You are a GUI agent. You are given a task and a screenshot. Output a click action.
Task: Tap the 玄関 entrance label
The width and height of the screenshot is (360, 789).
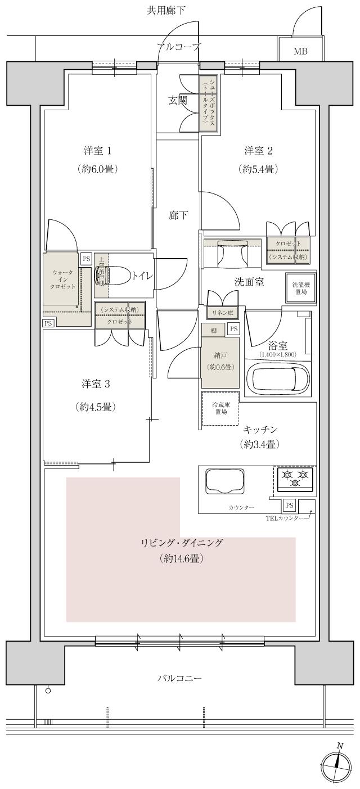[177, 101]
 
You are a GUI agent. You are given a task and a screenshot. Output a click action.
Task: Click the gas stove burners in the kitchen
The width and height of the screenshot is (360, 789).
[295, 479]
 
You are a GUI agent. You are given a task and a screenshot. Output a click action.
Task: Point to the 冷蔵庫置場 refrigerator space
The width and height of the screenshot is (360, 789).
[220, 408]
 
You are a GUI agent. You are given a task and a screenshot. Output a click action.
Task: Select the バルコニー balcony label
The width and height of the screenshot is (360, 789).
[179, 679]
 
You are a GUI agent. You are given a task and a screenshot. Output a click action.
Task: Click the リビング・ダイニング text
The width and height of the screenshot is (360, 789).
[181, 543]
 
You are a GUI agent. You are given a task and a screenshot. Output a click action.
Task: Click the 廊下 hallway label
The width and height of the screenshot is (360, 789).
[178, 215]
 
